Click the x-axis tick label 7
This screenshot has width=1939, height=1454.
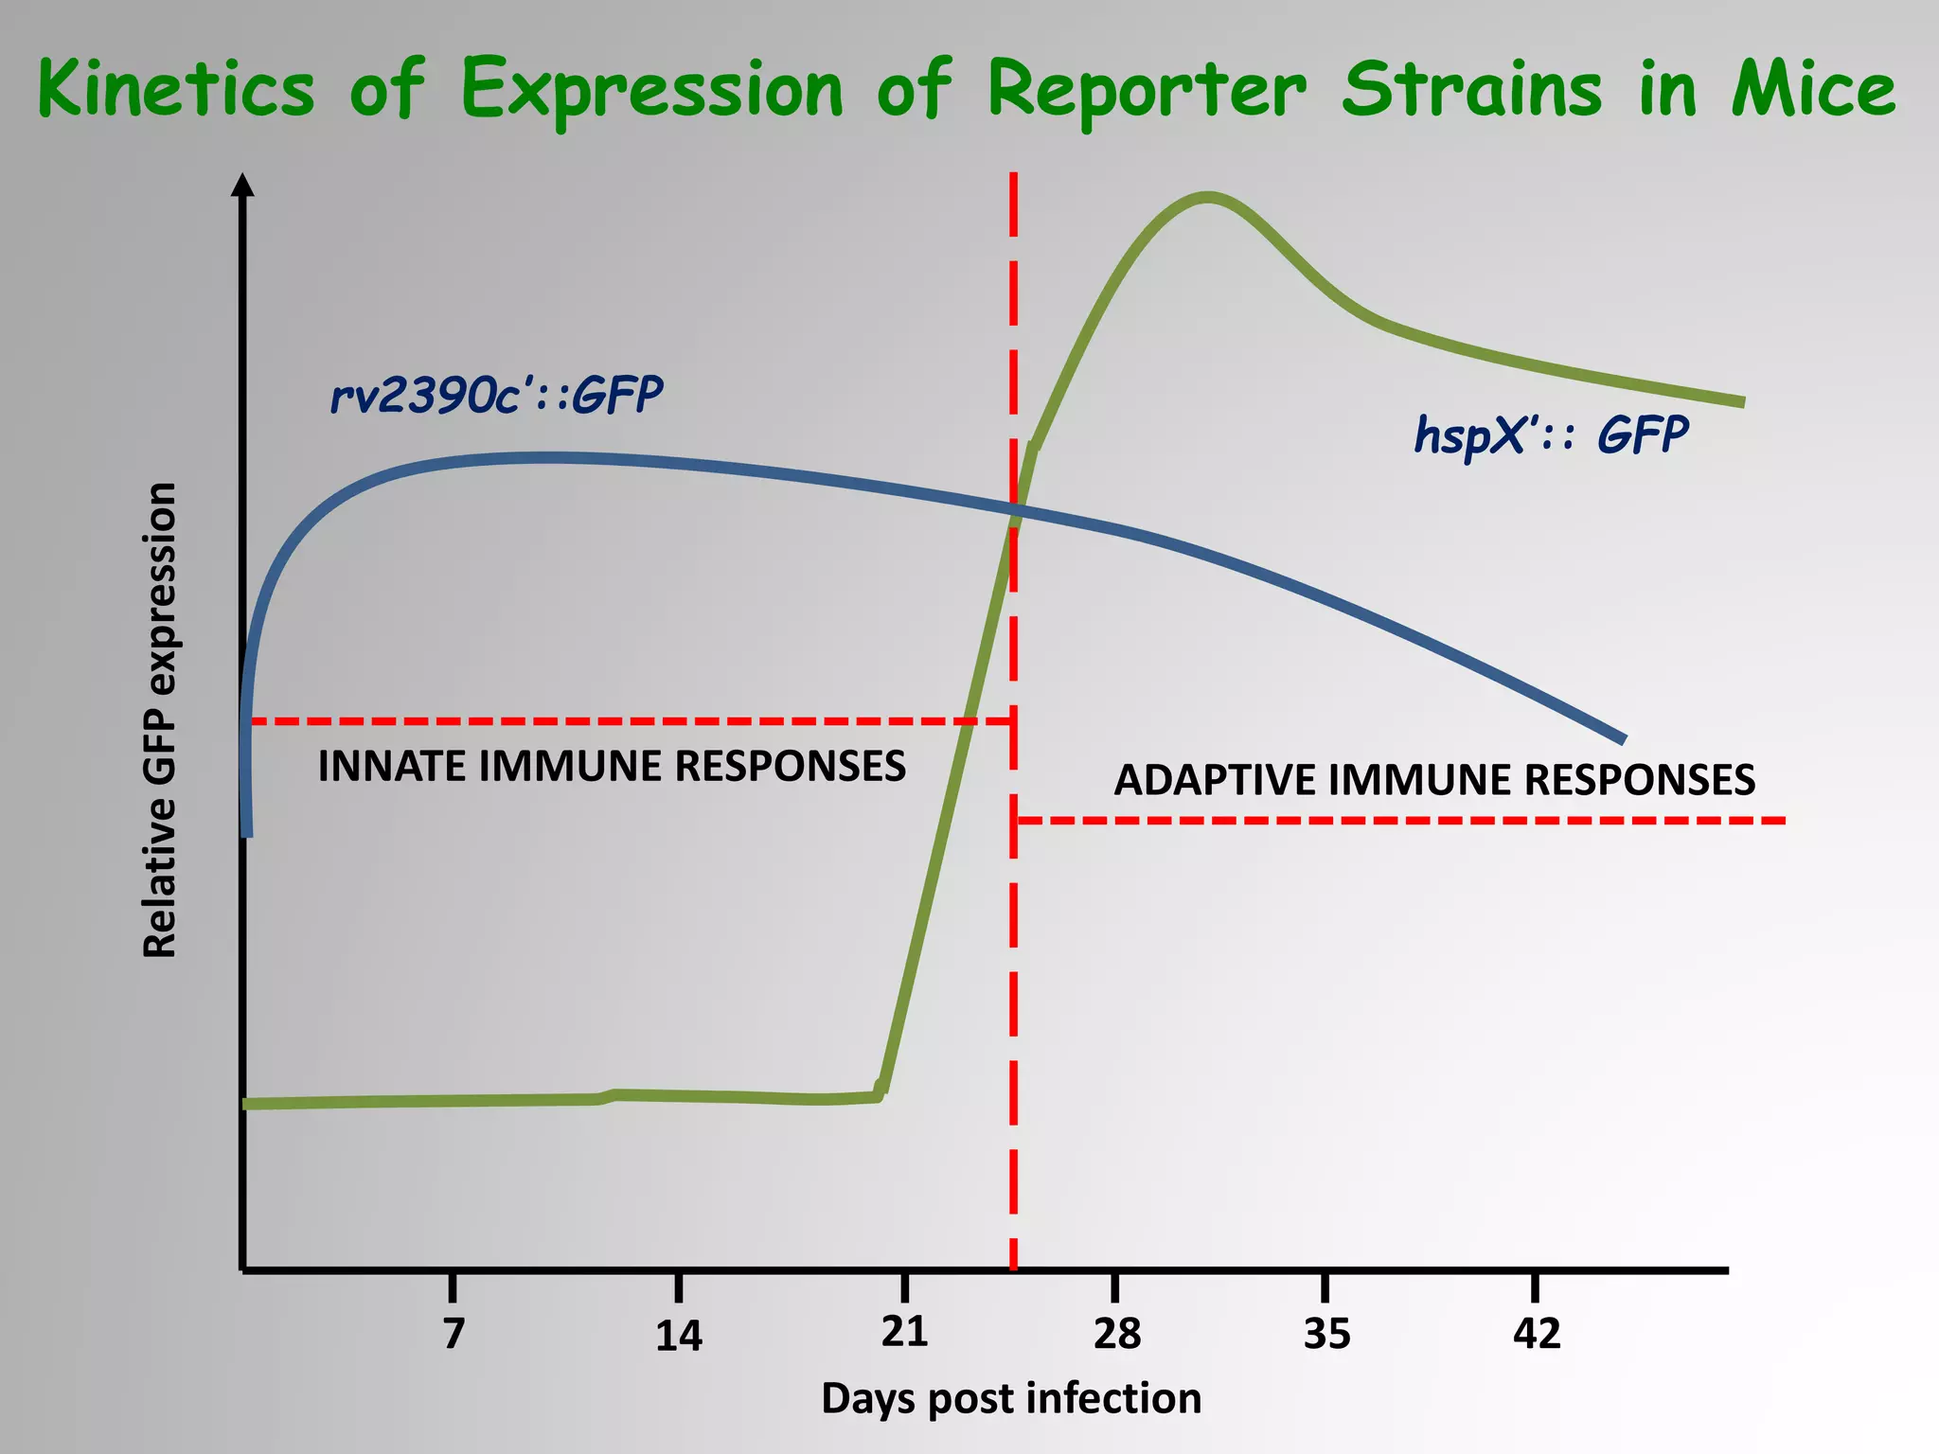454,1334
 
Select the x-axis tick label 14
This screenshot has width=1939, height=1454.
679,1336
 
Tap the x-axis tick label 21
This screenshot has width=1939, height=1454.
904,1331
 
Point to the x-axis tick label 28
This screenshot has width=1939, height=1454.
1117,1334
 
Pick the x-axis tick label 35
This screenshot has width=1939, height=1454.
1326,1334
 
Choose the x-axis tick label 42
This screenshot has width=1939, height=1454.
1536,1334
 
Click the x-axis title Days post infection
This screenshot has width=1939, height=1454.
1010,1398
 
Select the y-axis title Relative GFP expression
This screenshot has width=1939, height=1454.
160,719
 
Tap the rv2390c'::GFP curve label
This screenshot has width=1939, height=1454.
496,395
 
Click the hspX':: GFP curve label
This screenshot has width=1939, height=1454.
1551,435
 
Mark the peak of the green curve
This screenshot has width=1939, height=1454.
1207,197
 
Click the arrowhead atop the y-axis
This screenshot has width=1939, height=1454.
243,184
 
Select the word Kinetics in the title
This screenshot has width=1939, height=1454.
176,89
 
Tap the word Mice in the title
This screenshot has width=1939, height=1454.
1813,89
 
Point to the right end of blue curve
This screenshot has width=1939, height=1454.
1622,737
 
